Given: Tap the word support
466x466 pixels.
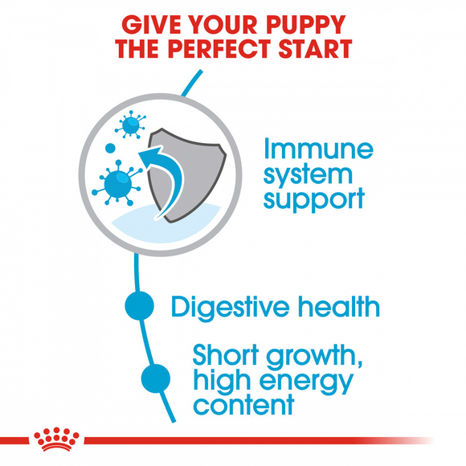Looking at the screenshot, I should pos(313,198).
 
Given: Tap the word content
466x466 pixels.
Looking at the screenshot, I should pos(243,404).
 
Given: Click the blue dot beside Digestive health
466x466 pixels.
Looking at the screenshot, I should pos(139,305).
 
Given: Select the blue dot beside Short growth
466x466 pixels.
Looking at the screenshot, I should pos(156,377).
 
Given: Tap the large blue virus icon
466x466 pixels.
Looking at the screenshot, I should pos(117,182).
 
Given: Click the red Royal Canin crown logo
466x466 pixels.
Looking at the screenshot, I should pos(56,439).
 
